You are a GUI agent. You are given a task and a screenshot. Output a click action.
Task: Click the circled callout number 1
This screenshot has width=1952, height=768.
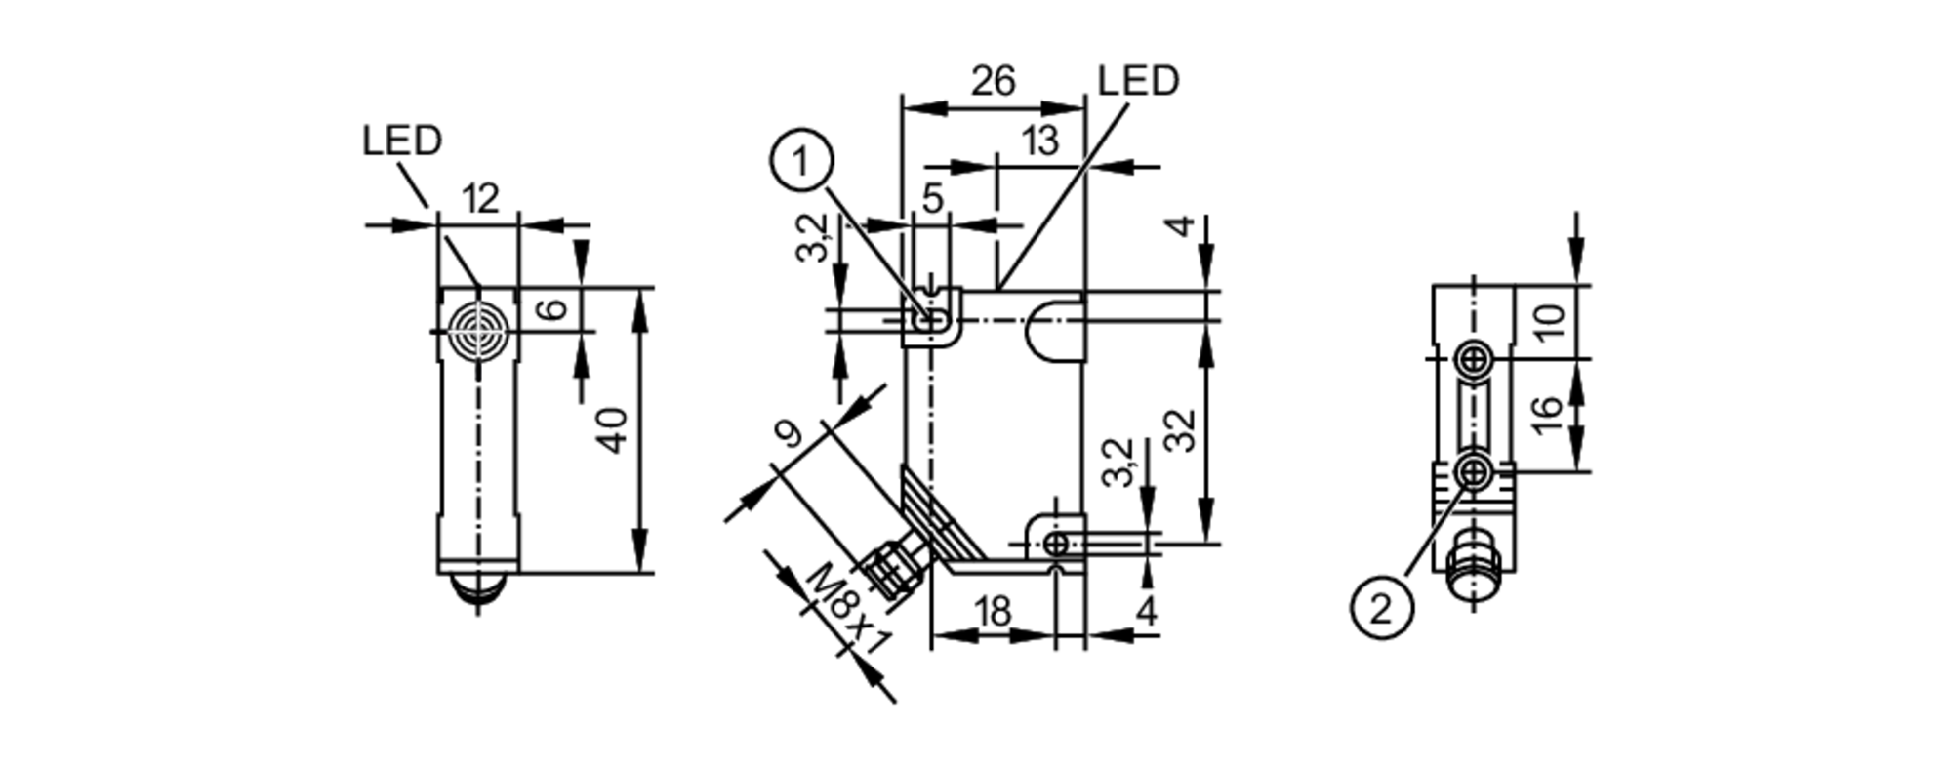(x=802, y=162)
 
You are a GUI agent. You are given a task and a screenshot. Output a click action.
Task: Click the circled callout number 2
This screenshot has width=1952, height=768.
(x=1381, y=609)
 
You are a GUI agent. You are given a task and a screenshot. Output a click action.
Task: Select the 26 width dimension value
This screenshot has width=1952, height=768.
(x=993, y=81)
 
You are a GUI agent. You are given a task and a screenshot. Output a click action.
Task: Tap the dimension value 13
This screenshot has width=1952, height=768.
(x=1041, y=141)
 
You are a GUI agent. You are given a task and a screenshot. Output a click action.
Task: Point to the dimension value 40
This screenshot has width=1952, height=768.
(x=613, y=430)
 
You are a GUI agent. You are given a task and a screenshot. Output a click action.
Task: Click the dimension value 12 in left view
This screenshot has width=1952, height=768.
(x=479, y=199)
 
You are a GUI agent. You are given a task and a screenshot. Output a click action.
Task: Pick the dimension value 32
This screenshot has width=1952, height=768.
(x=1181, y=430)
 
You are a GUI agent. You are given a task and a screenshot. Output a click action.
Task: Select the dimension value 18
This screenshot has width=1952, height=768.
(x=993, y=612)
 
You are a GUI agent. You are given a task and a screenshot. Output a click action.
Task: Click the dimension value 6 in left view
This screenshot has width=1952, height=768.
(x=553, y=309)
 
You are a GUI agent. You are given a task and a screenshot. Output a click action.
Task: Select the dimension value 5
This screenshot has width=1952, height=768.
(x=933, y=199)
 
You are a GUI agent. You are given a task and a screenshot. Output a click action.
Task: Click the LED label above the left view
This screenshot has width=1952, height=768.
(x=402, y=141)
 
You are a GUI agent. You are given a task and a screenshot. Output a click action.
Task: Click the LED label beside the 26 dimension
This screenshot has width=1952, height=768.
(x=1138, y=81)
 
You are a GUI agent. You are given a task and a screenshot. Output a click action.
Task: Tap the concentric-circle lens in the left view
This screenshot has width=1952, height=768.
(x=478, y=332)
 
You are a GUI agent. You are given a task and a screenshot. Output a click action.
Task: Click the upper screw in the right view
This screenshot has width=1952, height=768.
(x=1475, y=361)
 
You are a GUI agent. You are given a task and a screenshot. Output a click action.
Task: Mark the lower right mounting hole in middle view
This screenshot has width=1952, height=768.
(x=1056, y=543)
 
